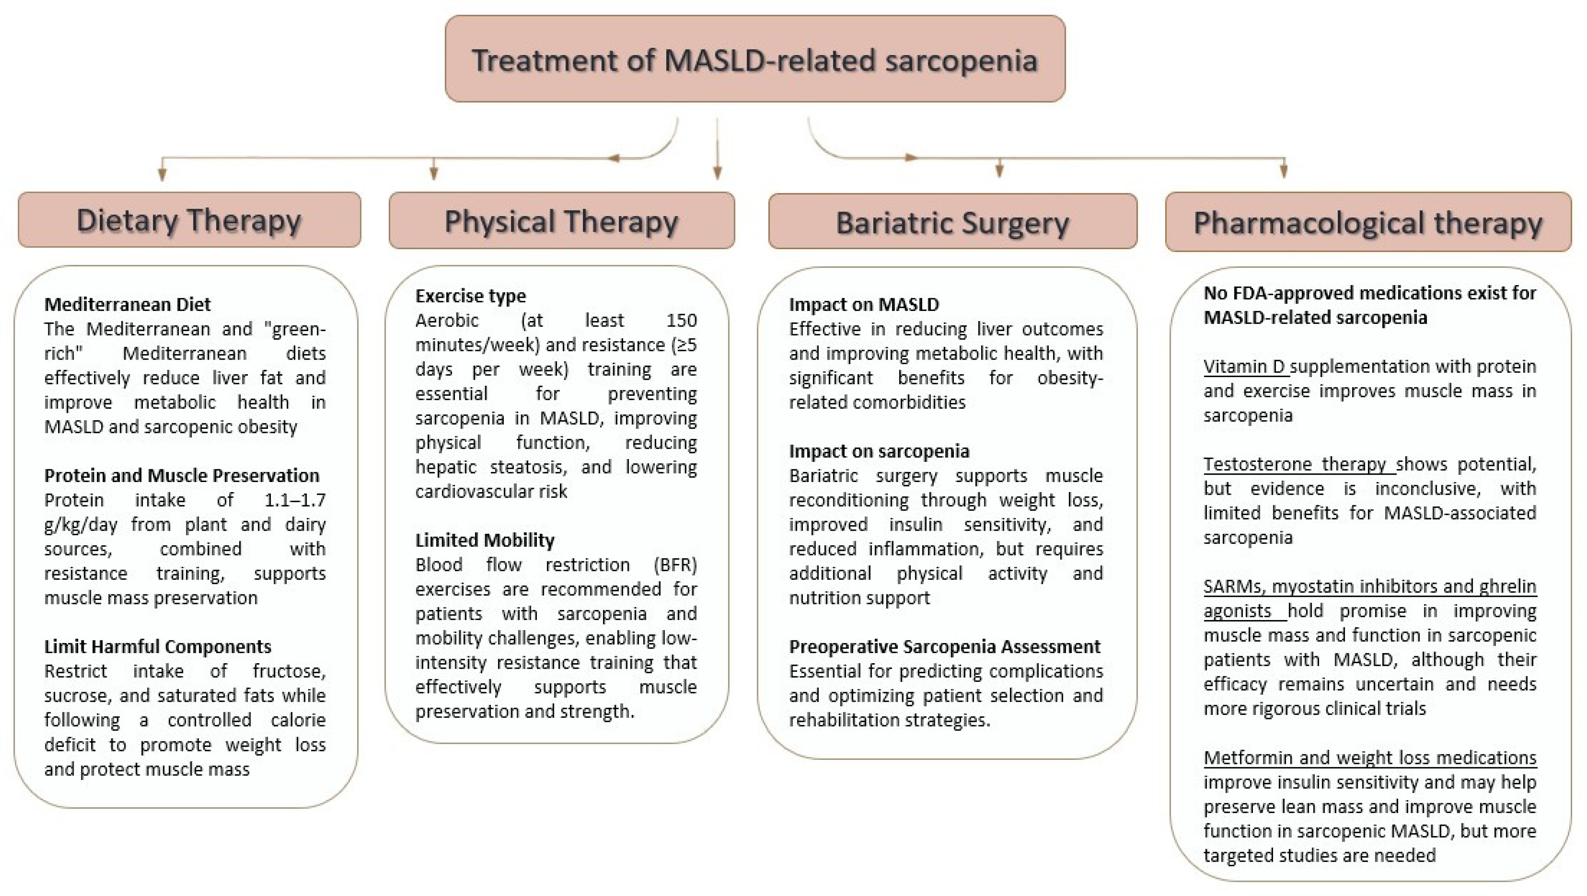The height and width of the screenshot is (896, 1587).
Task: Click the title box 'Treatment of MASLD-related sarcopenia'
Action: click(x=755, y=60)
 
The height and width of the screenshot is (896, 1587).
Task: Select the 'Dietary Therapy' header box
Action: click(x=189, y=220)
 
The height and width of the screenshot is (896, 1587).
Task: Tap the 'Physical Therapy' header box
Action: click(x=561, y=221)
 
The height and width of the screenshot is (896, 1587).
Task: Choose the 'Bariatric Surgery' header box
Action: click(x=952, y=222)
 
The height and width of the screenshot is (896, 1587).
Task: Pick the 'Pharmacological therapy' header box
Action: click(x=1368, y=222)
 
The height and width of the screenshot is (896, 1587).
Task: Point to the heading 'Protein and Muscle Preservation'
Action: click(x=182, y=475)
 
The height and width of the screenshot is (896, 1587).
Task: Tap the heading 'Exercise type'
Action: click(x=470, y=296)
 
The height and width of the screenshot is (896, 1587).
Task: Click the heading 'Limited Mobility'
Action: click(x=484, y=540)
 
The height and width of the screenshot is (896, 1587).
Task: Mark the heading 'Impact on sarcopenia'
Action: click(x=879, y=452)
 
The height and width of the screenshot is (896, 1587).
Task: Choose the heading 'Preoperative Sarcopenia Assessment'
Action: click(x=945, y=646)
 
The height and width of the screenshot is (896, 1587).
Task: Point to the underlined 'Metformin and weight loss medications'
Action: click(x=1369, y=757)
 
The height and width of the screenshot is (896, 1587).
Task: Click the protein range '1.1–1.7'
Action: click(x=295, y=500)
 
